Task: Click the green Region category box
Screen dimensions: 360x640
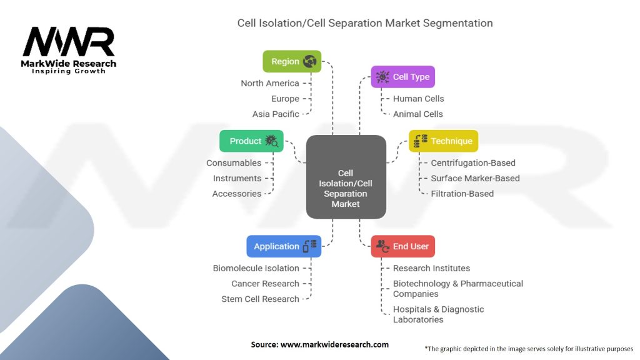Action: [292, 61]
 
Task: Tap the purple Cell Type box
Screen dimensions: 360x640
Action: [403, 77]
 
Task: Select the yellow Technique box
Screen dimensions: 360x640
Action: [443, 141]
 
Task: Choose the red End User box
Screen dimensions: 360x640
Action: [403, 246]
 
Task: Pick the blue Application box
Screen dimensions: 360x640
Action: [284, 246]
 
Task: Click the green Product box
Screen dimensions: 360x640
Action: [251, 141]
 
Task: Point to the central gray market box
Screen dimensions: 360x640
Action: [346, 177]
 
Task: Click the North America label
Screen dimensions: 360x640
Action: [270, 83]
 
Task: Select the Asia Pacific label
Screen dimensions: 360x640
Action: [276, 114]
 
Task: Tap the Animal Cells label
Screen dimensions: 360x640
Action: [417, 114]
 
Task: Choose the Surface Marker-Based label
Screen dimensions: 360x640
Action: [475, 178]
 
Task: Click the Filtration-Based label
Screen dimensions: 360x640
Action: [462, 194]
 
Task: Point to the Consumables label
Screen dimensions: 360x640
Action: [234, 163]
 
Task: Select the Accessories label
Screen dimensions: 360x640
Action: [237, 194]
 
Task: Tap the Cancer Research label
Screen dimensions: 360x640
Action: [265, 284]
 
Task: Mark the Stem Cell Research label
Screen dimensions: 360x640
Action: [260, 299]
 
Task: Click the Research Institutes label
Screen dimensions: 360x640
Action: [431, 268]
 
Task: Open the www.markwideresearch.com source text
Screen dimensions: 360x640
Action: [319, 344]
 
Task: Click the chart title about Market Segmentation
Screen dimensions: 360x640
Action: [365, 23]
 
